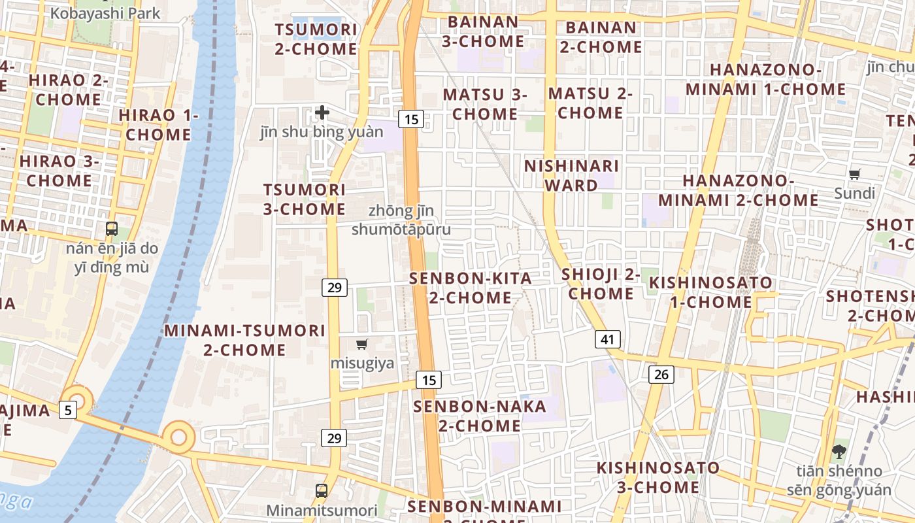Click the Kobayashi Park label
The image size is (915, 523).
[105, 13]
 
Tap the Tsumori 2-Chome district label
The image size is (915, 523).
[316, 39]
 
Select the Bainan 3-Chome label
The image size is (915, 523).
[483, 31]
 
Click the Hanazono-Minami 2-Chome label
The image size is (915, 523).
[738, 190]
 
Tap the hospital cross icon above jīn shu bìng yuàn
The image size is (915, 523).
[322, 112]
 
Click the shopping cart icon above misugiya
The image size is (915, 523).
[362, 344]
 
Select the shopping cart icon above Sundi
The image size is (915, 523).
[854, 174]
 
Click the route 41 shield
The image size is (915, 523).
[608, 339]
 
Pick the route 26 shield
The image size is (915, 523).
[661, 374]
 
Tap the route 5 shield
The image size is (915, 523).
[68, 410]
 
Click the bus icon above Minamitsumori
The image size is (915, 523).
[321, 490]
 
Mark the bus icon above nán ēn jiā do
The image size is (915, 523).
[112, 229]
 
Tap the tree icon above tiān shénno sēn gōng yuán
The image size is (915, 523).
[839, 450]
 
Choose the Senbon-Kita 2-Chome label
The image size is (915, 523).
[471, 288]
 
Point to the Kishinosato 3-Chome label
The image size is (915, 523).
[658, 477]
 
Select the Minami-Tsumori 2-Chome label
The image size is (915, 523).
[244, 340]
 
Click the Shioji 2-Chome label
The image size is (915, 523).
[601, 284]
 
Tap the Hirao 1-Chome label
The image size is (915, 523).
[158, 125]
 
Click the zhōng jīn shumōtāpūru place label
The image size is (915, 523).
[401, 220]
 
